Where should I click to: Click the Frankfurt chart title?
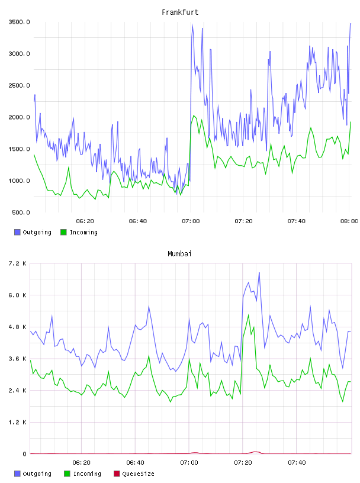[x=180, y=12]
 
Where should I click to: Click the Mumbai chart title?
[x=179, y=253]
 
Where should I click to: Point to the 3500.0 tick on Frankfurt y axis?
[x=19, y=22]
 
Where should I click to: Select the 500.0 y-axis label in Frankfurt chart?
[x=21, y=212]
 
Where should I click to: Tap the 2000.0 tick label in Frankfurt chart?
[x=19, y=117]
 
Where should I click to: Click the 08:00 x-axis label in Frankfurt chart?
[x=349, y=221]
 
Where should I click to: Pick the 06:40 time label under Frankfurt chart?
[x=138, y=221]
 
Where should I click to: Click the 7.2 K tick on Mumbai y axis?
[x=17, y=263]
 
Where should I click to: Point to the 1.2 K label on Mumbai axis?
[x=17, y=422]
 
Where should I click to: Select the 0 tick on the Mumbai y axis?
[x=24, y=454]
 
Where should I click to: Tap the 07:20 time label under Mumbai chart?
[x=243, y=462]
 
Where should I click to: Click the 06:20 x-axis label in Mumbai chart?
[x=81, y=462]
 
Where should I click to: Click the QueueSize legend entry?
[x=134, y=474]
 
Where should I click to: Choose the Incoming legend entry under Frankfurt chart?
[x=79, y=232]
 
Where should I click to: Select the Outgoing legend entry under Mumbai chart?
[x=33, y=474]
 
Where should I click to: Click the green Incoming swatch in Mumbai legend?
[x=67, y=474]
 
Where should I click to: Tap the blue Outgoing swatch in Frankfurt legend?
[x=17, y=232]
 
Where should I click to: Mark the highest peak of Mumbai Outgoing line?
[x=259, y=273]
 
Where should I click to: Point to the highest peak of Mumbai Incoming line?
[x=249, y=315]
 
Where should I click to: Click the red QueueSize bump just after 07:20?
[x=255, y=452]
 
